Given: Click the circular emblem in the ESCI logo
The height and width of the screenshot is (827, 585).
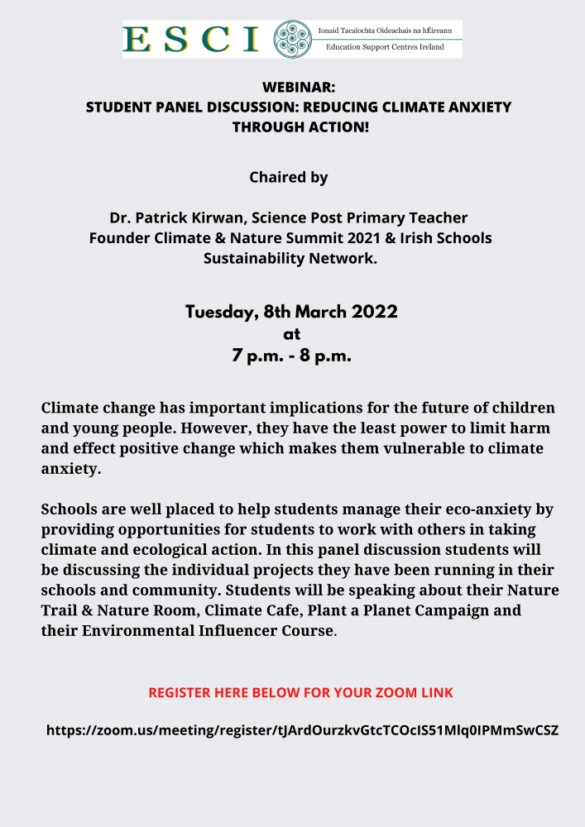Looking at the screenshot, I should pos(292,39).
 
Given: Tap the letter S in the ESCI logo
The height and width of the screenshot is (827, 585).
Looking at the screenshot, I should pos(175,39).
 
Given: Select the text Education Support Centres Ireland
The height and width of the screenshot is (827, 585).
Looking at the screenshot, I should pos(385,47).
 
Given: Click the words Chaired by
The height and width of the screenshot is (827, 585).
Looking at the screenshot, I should pos(289,177).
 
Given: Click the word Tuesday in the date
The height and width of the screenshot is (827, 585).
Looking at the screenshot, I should pos(220,313).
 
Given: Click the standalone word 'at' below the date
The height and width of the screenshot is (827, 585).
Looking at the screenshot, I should pos(291,334).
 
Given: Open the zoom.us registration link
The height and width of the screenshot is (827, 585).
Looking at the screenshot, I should pos(302,730).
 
